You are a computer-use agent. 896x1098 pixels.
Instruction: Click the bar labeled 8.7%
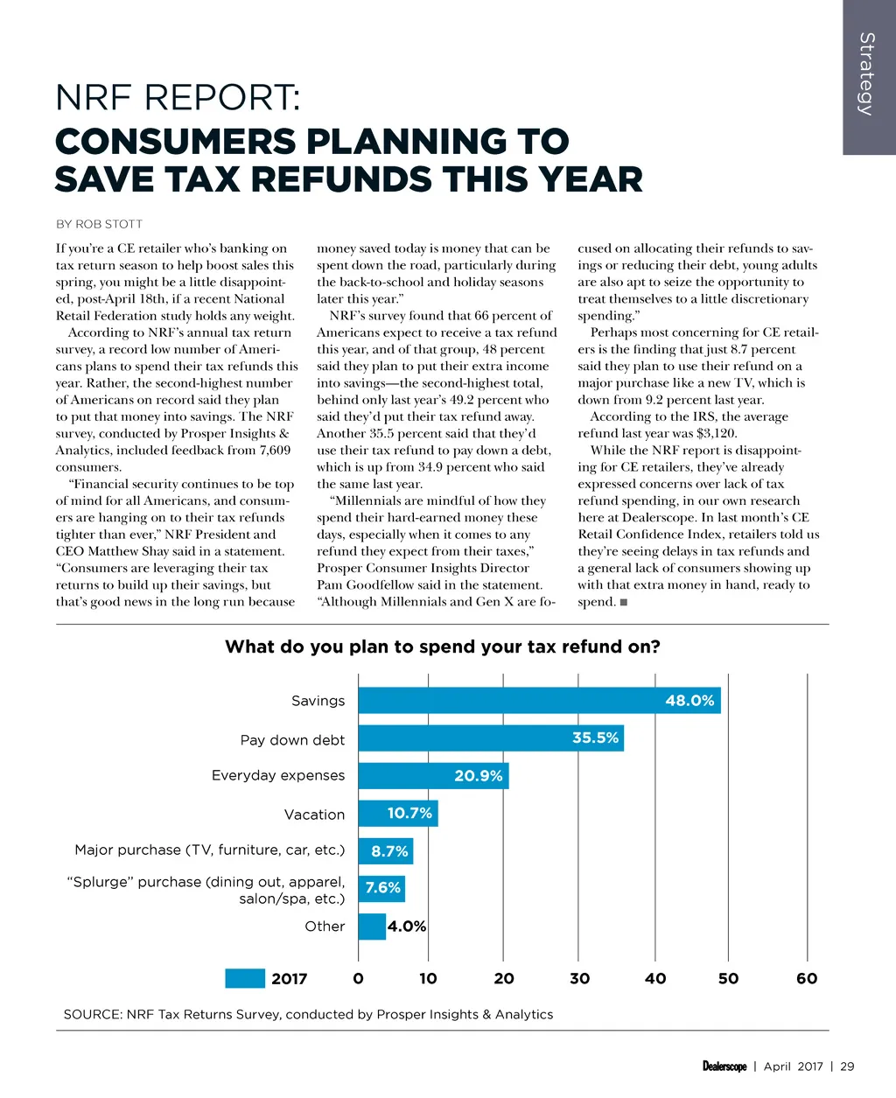pyautogui.click(x=385, y=850)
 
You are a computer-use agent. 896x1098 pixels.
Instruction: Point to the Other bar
pyautogui.click(x=372, y=926)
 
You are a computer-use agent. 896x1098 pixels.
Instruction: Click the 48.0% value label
pyautogui.click(x=689, y=700)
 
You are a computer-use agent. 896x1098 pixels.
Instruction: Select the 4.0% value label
pyautogui.click(x=407, y=926)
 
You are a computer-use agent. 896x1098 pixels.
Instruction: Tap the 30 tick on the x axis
pyautogui.click(x=579, y=978)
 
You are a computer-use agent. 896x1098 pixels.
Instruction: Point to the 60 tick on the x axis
pyautogui.click(x=807, y=978)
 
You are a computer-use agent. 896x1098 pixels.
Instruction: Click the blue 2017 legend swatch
pyautogui.click(x=245, y=978)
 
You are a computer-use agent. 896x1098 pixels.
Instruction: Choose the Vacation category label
pyautogui.click(x=314, y=815)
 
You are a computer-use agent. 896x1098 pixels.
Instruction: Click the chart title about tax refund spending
pyautogui.click(x=442, y=647)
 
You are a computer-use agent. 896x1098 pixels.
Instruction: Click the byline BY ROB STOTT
pyautogui.click(x=99, y=224)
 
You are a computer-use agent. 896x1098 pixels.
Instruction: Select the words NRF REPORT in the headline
pyautogui.click(x=177, y=97)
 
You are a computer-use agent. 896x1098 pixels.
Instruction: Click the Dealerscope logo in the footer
pyautogui.click(x=724, y=1066)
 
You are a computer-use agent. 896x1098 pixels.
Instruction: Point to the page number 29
pyautogui.click(x=847, y=1066)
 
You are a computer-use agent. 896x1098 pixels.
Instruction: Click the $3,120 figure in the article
pyautogui.click(x=716, y=433)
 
